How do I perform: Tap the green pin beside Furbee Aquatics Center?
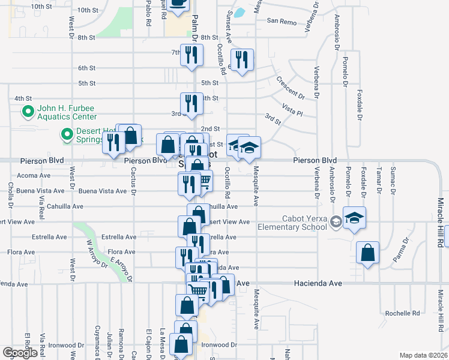[27, 112]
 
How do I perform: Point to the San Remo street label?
[282, 22]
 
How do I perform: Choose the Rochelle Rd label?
[402, 313]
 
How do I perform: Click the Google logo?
[20, 353]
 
